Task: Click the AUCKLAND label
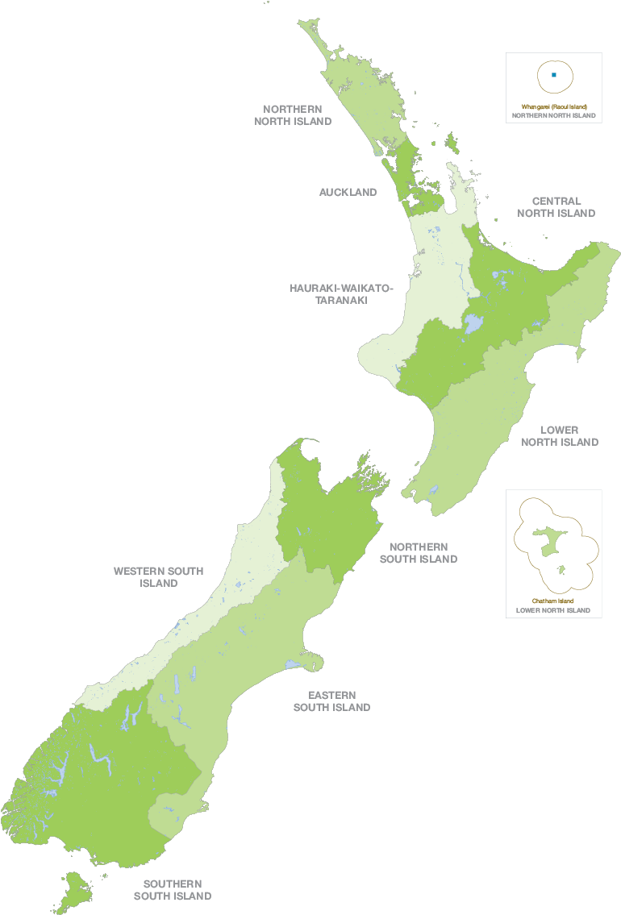348,192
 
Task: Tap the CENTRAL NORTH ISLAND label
556,207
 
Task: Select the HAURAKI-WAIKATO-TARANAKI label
340,293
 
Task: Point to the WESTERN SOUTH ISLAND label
158,576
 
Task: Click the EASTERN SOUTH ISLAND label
331,701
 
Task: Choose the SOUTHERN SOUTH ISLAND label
173,889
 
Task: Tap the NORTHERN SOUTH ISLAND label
418,552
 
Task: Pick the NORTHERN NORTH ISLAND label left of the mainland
293,114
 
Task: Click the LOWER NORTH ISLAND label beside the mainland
560,436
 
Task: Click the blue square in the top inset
554,75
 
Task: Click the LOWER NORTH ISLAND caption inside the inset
553,610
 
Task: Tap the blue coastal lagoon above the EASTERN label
291,665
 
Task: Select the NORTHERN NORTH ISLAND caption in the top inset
554,115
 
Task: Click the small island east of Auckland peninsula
452,144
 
